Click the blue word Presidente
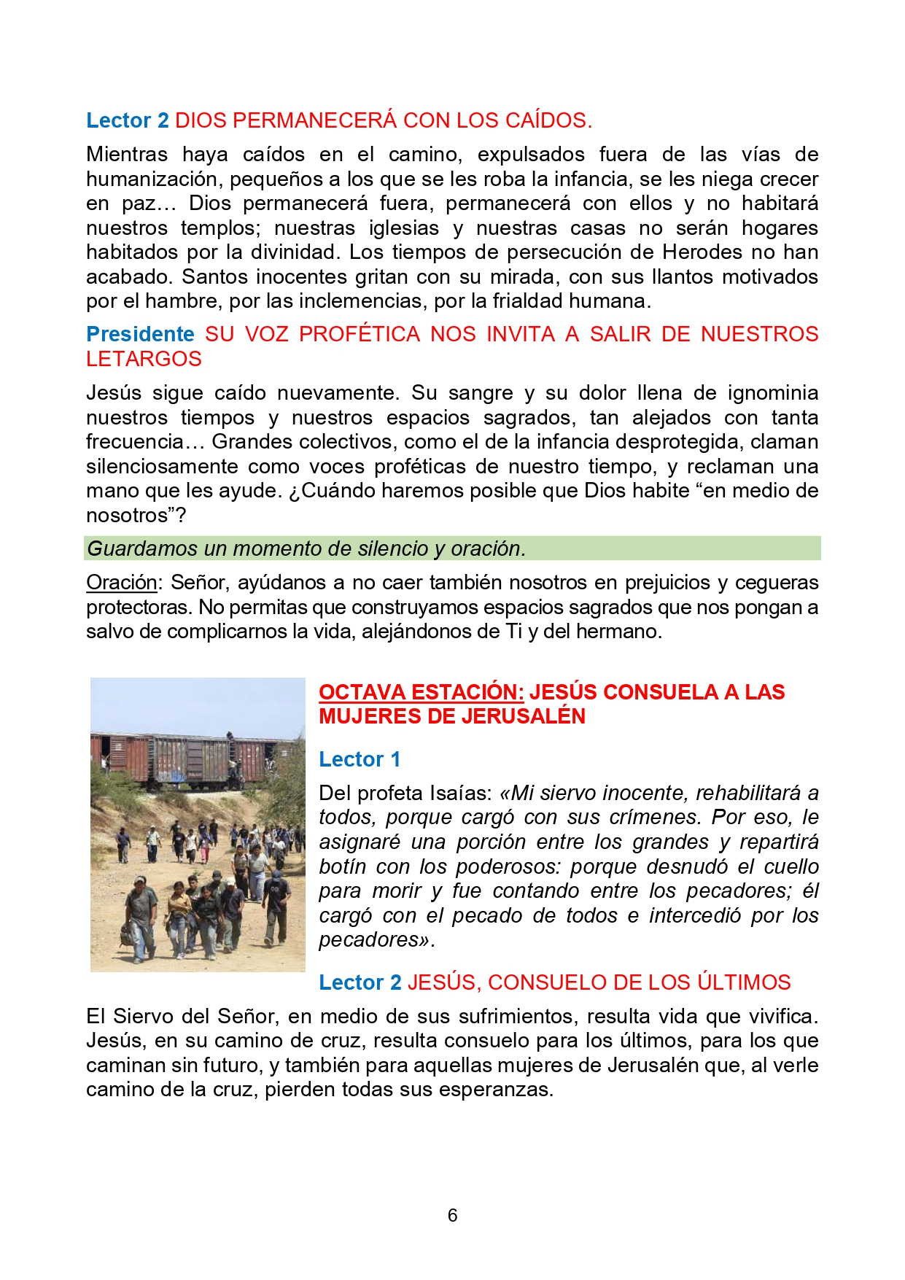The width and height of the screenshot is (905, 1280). pyautogui.click(x=140, y=334)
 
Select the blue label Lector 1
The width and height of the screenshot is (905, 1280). pyautogui.click(x=360, y=759)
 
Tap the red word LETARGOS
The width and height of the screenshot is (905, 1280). pyautogui.click(x=144, y=359)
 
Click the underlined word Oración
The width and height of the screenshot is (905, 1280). pyautogui.click(x=122, y=583)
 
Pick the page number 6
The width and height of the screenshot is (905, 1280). pyautogui.click(x=452, y=1215)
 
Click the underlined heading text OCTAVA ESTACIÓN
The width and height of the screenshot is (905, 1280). pyautogui.click(x=421, y=692)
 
